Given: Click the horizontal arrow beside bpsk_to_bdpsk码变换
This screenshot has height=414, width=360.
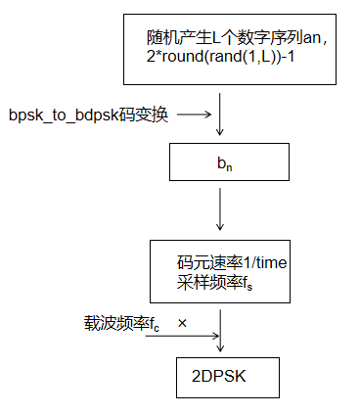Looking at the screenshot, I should pos(194,115).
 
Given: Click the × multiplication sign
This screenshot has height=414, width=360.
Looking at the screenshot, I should pos(182,321).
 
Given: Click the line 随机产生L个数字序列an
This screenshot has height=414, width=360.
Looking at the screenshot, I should pos(229,38).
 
